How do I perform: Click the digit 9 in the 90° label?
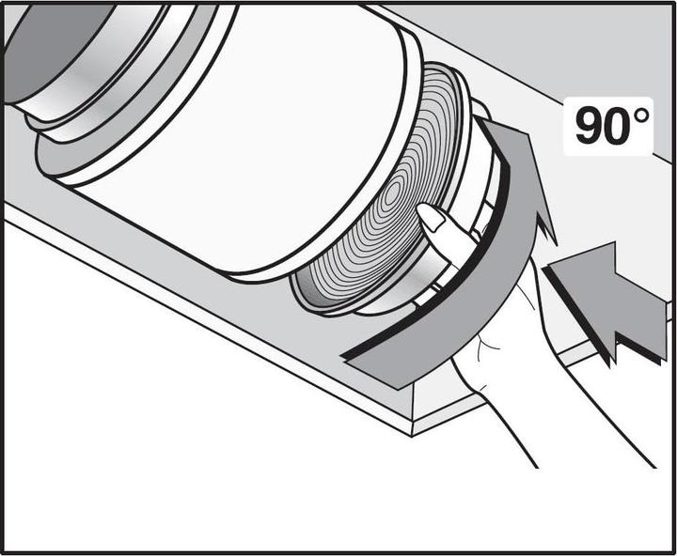tap(590, 126)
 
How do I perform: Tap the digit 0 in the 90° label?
tap(621, 126)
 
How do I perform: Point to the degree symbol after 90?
tap(643, 115)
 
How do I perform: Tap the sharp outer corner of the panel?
tap(412, 436)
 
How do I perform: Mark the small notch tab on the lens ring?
tap(436, 286)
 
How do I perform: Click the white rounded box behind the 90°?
tap(608, 126)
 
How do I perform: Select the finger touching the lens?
tap(449, 233)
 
